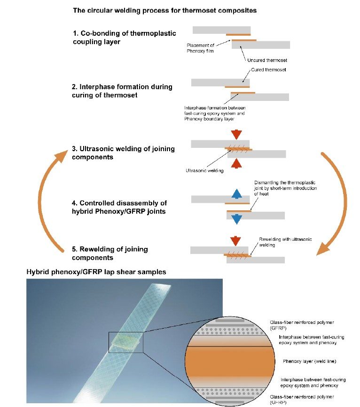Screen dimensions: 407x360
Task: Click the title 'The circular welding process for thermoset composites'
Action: coord(164,10)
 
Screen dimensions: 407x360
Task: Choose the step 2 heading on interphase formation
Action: coord(122,91)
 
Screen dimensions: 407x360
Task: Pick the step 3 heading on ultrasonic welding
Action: coord(123,153)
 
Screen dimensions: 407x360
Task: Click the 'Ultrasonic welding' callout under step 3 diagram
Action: coord(204,171)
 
